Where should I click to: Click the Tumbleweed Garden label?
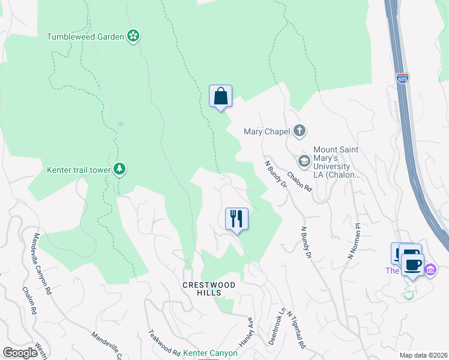tap(85, 37)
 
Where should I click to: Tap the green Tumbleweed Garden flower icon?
tap(134, 37)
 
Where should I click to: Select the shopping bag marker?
tap(220, 96)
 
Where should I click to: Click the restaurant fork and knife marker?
tap(237, 218)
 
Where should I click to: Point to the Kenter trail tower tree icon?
tap(120, 169)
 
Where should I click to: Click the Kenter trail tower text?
tap(79, 170)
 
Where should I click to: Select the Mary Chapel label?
tap(267, 131)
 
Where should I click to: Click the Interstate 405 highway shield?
tap(403, 79)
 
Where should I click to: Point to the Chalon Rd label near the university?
tap(300, 181)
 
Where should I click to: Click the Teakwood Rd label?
tap(164, 343)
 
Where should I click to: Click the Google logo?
tap(20, 353)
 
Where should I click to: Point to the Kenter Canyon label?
tap(210, 353)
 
